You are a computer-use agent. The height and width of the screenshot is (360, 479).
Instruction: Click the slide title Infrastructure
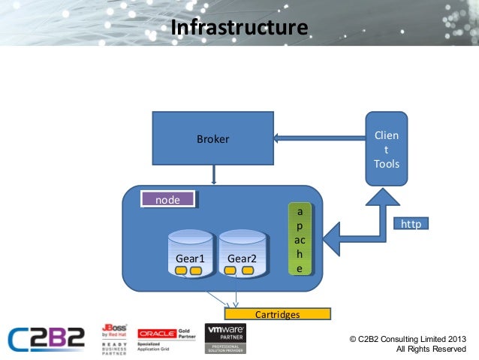(x=239, y=28)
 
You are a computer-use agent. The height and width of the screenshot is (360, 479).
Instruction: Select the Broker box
(x=213, y=139)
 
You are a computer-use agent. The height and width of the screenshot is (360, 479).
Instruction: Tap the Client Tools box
(x=387, y=149)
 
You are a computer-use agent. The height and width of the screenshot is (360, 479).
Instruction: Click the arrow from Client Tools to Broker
(x=318, y=138)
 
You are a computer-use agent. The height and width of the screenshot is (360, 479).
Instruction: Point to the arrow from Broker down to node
(x=214, y=176)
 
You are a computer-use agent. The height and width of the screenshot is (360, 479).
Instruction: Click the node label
(x=168, y=199)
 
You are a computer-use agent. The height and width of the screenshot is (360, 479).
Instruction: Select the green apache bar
(x=300, y=237)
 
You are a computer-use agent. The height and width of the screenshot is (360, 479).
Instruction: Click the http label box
(x=411, y=224)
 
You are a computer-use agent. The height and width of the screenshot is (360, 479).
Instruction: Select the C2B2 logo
(x=47, y=338)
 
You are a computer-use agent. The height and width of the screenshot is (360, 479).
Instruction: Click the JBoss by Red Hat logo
(x=114, y=339)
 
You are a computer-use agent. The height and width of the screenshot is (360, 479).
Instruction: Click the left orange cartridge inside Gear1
(x=181, y=270)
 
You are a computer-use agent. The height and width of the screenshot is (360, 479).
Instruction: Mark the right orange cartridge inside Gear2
(x=249, y=270)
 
